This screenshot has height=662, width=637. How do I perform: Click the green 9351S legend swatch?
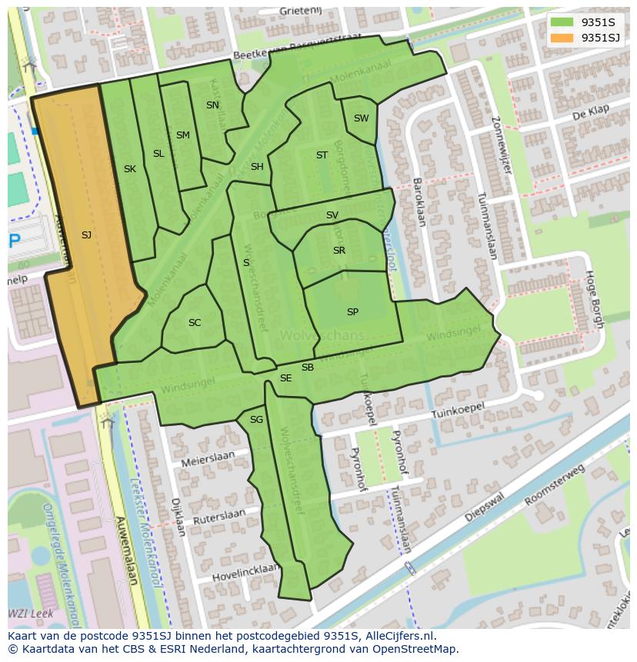(x=562, y=22)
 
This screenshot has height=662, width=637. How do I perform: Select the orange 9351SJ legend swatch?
(x=562, y=37)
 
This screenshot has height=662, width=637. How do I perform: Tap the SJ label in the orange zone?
(x=86, y=235)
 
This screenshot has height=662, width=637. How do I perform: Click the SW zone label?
(x=361, y=118)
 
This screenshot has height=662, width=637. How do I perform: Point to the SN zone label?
(x=212, y=105)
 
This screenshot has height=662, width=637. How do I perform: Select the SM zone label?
(x=182, y=135)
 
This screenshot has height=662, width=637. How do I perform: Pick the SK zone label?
(x=129, y=169)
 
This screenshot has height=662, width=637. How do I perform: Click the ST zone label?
(x=322, y=155)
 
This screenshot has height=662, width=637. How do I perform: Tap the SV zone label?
(x=332, y=215)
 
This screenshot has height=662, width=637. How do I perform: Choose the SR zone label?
(x=339, y=251)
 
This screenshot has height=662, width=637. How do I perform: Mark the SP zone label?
(x=352, y=312)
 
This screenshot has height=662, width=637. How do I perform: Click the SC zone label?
(x=195, y=323)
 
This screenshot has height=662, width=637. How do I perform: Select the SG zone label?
(x=256, y=420)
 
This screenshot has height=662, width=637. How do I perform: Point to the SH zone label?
(x=257, y=167)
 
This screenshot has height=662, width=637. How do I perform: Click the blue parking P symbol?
(x=14, y=241)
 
